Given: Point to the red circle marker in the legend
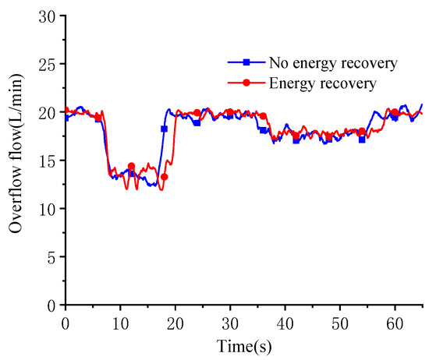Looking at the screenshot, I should (246, 82).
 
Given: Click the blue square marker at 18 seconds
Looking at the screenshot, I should (164, 129).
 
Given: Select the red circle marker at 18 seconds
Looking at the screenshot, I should (164, 177).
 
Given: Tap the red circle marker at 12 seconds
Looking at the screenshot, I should (131, 166).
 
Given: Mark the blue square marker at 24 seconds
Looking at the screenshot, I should (197, 122).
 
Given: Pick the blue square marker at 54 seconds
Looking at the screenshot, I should (362, 139).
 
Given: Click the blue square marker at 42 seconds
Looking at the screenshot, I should (296, 140).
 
